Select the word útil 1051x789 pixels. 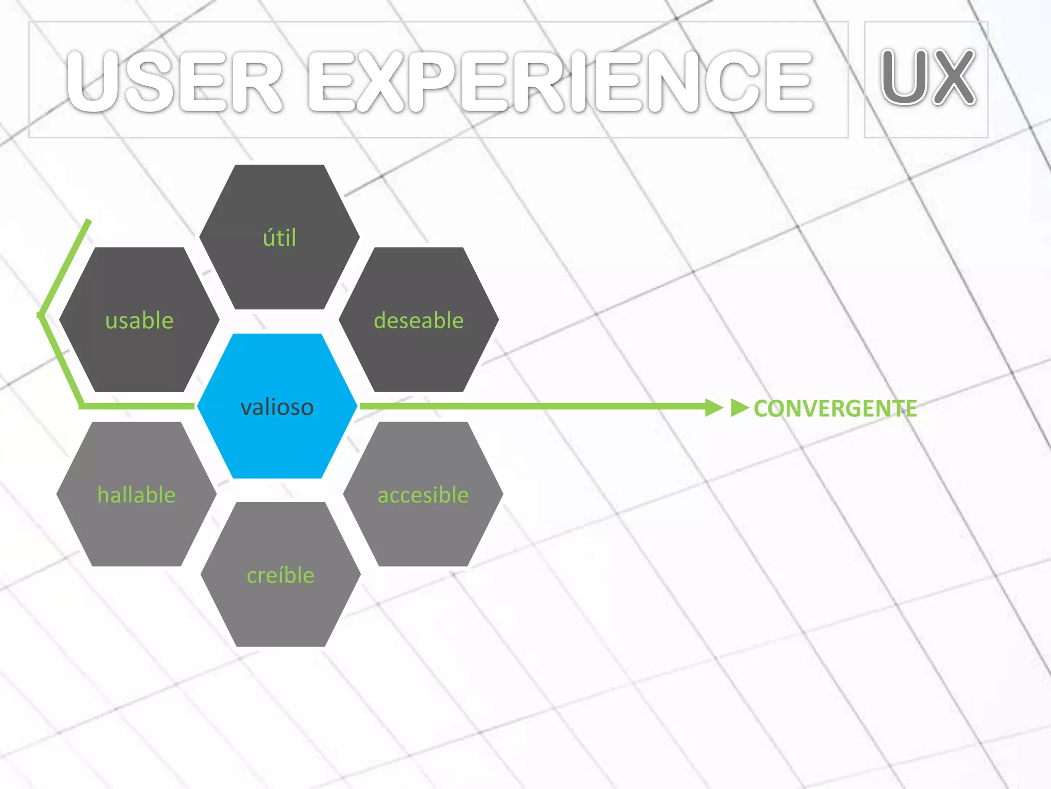280,238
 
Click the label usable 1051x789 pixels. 139,321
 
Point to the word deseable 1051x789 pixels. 419,321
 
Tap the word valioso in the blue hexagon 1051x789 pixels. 277,407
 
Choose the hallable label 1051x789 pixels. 137,495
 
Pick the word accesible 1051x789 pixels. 423,495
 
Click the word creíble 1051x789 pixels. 281,575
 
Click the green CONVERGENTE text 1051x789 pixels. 835,409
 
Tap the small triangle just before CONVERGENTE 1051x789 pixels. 739,407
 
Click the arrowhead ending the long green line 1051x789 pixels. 714,407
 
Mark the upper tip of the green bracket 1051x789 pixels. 89,221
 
